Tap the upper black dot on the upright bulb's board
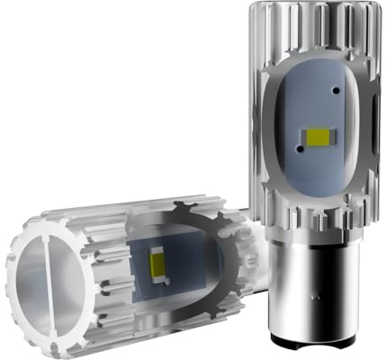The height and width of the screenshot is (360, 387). tap(334, 92)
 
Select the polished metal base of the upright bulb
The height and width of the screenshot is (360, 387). tap(305, 288)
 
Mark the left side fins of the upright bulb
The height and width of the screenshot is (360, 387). tap(260, 135)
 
